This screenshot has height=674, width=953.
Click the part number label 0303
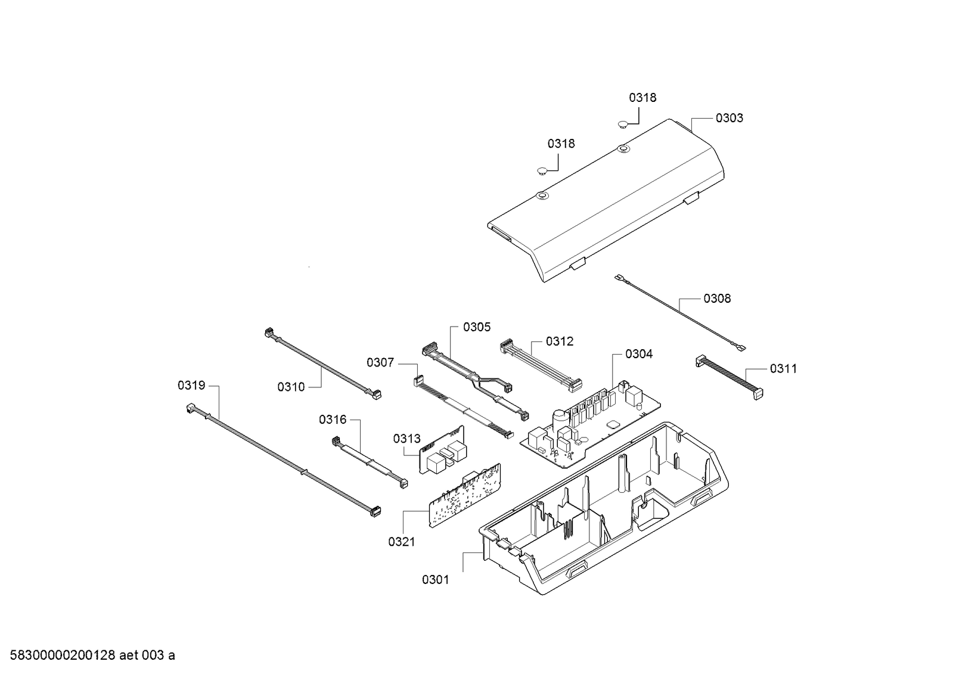pyautogui.click(x=729, y=118)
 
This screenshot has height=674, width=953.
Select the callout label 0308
pyautogui.click(x=717, y=299)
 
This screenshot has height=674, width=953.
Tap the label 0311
pyautogui.click(x=783, y=369)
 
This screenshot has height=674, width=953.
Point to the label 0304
pyautogui.click(x=638, y=354)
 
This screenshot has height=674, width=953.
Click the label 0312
pyautogui.click(x=560, y=341)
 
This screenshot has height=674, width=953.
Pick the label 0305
pyautogui.click(x=477, y=327)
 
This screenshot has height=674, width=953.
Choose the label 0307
pyautogui.click(x=380, y=362)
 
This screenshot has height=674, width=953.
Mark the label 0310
pyautogui.click(x=291, y=387)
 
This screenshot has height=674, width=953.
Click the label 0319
pyautogui.click(x=191, y=386)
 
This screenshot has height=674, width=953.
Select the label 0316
pyautogui.click(x=333, y=420)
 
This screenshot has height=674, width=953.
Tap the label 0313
pyautogui.click(x=406, y=439)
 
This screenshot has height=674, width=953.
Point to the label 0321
pyautogui.click(x=401, y=542)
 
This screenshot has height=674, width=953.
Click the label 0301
pyautogui.click(x=435, y=580)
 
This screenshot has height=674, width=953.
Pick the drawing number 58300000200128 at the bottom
pyautogui.click(x=59, y=656)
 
